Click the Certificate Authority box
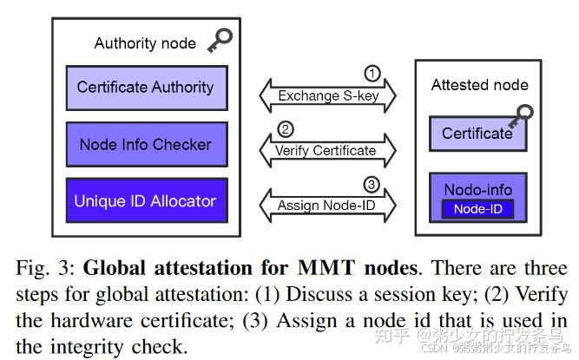tap(145, 88)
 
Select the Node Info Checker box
tap(145, 145)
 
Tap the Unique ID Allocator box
tap(145, 201)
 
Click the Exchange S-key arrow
tap(328, 95)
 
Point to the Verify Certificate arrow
tap(328, 150)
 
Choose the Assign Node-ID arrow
tap(328, 206)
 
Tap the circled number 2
tap(285, 130)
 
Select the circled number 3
tap(371, 185)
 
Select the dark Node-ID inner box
tap(477, 209)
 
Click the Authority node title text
tap(144, 43)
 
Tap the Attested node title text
tap(479, 85)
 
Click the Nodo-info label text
tap(477, 190)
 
